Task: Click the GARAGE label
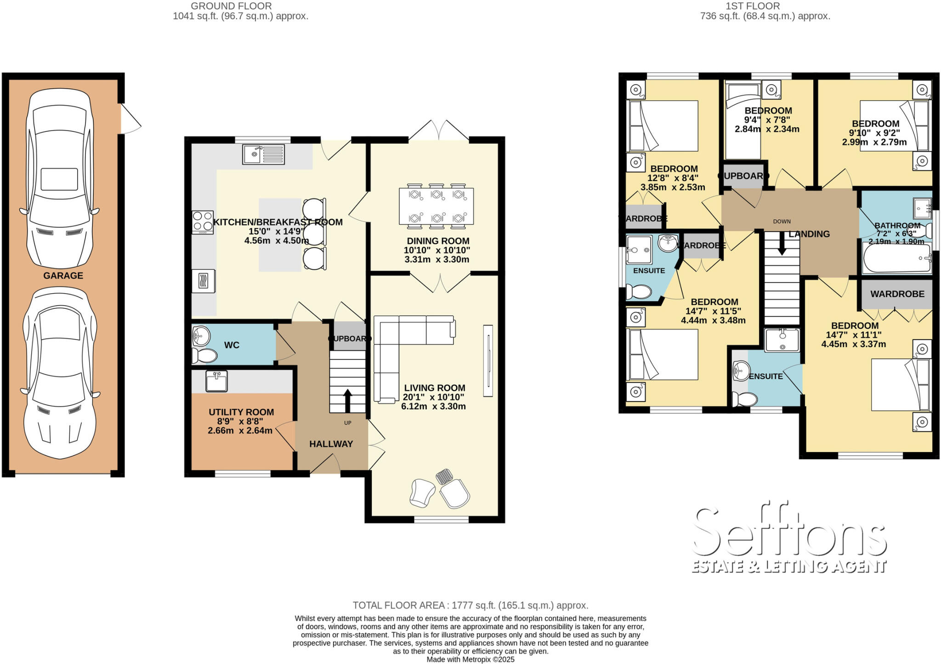(x=63, y=276)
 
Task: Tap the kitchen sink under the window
(x=263, y=154)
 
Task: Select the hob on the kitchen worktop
(x=203, y=222)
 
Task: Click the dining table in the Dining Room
(x=436, y=206)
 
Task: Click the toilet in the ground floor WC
(x=204, y=356)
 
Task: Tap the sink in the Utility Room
(x=216, y=381)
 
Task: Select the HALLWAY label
(x=331, y=444)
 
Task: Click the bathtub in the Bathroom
(x=896, y=258)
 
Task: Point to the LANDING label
(x=809, y=234)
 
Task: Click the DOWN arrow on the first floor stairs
(x=782, y=249)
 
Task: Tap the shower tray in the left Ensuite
(x=639, y=250)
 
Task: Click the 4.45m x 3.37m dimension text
(x=854, y=344)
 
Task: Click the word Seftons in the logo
(x=788, y=533)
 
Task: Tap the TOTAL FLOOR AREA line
(x=470, y=605)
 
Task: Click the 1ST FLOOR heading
(x=765, y=6)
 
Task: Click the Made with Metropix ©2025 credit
(x=470, y=659)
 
